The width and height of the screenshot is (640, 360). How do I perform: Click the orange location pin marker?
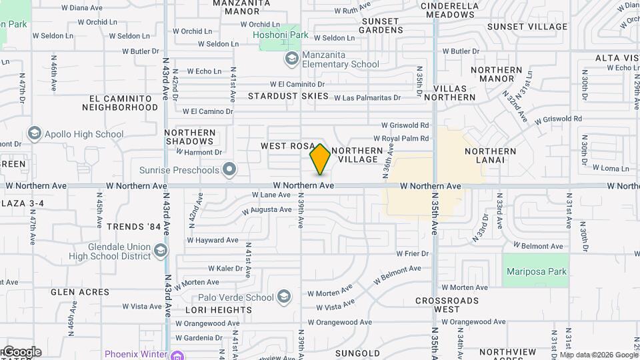pyautogui.click(x=321, y=159)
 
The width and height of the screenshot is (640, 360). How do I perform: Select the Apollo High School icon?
pyautogui.click(x=34, y=134)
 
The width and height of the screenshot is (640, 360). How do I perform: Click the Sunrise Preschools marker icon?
pyautogui.click(x=230, y=169)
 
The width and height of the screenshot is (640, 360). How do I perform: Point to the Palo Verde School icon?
pyautogui.click(x=284, y=297)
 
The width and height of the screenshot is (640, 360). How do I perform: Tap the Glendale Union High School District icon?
pyautogui.click(x=160, y=251)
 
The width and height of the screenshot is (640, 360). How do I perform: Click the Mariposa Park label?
pyautogui.click(x=536, y=271)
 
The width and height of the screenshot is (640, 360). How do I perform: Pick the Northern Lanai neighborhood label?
pyautogui.click(x=491, y=156)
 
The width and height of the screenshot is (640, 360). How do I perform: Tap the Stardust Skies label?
pyautogui.click(x=289, y=96)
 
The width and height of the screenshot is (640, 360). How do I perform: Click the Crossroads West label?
pyautogui.click(x=447, y=305)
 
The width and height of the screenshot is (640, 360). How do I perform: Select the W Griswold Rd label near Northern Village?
pyautogui.click(x=405, y=125)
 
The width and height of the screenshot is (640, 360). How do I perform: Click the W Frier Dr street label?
pyautogui.click(x=411, y=253)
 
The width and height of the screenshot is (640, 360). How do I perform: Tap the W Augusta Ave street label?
pyautogui.click(x=267, y=209)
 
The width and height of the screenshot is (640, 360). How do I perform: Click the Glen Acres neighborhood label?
pyautogui.click(x=80, y=292)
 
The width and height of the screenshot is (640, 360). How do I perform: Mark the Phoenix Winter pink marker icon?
pyautogui.click(x=177, y=353)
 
